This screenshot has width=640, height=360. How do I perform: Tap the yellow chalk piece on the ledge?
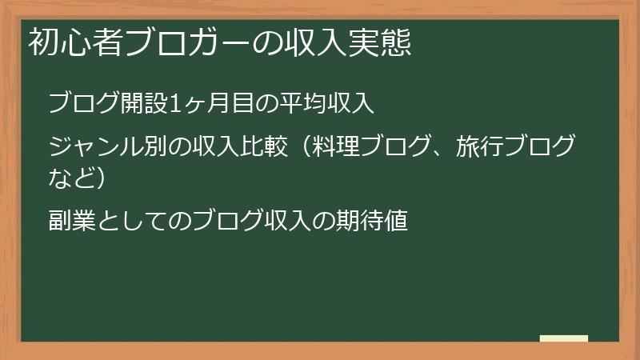[x=564, y=339]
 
